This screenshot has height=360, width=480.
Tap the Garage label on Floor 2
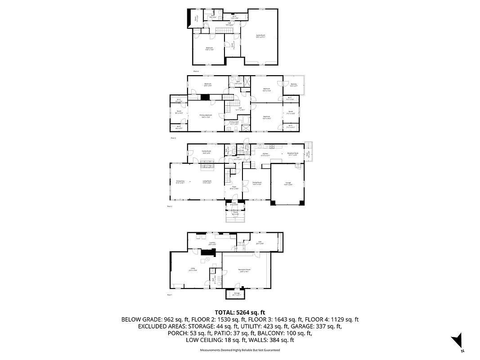point(288,184)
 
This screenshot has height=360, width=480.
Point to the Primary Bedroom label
point(206,116)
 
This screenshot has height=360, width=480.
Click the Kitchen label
point(265,154)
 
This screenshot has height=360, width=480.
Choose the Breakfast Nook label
point(293,154)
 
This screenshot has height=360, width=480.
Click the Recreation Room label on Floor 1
point(244,270)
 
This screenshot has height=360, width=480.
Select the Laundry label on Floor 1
point(211,243)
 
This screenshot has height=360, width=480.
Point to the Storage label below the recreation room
point(237,294)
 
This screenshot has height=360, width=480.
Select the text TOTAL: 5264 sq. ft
point(240,312)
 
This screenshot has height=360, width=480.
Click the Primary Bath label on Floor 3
point(234,122)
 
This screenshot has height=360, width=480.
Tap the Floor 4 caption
point(196,71)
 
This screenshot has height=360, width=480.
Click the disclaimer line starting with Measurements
point(240,350)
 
